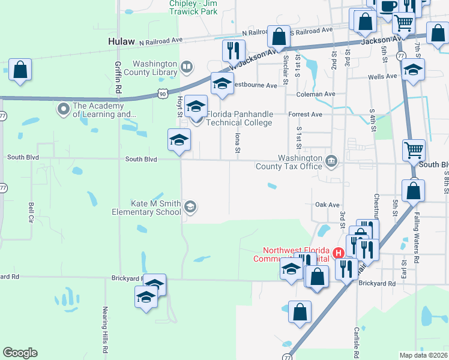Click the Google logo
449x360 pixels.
(20, 353)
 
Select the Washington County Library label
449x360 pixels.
(155, 68)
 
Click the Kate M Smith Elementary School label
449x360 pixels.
(147, 208)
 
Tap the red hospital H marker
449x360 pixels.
(338, 254)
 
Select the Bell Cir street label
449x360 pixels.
(31, 212)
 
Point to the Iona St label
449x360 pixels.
(238, 142)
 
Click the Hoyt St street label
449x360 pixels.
(179, 106)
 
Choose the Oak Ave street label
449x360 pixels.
(327, 205)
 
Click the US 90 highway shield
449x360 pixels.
(162, 93)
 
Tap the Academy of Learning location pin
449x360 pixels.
(63, 109)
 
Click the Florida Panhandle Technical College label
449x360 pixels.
(240, 118)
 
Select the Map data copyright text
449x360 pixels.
(423, 355)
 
